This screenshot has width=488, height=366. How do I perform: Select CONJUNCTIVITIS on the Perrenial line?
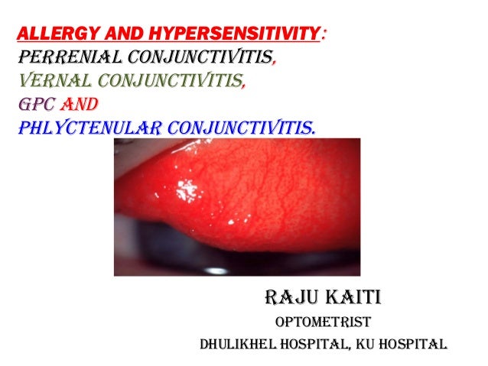[x=198, y=57]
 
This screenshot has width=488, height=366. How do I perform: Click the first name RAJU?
[x=288, y=296]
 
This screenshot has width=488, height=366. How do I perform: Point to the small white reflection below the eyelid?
[x=218, y=270]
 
